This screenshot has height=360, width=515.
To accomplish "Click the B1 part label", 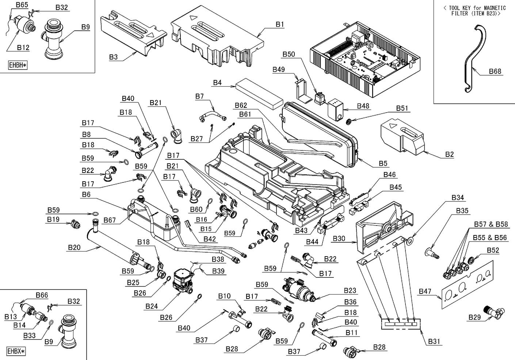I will click(x=280, y=24).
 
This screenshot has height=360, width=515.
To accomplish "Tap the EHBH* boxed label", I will click(x=18, y=65).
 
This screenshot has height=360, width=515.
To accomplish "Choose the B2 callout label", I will click(x=449, y=155).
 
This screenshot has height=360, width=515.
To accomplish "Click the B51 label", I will click(x=402, y=109).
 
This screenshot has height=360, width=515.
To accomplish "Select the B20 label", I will click(x=74, y=247).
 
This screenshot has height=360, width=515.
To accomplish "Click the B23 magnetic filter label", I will click(x=350, y=291).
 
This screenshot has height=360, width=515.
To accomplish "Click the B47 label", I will click(x=425, y=291).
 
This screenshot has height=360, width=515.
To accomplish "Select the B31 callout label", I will click(x=434, y=341).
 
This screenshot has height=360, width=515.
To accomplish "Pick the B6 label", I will click(x=86, y=195).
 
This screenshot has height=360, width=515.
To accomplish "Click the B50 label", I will click(x=289, y=54).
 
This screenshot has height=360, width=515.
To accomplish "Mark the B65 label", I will click(x=22, y=5).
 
